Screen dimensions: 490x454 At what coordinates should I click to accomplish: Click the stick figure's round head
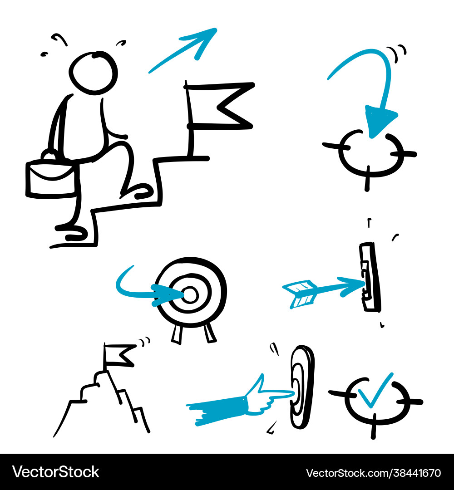[93, 73]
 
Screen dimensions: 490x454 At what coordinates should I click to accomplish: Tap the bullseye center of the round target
[191, 295]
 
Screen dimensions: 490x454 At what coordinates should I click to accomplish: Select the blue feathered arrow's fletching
[300, 293]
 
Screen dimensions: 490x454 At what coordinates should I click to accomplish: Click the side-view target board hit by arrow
[370, 277]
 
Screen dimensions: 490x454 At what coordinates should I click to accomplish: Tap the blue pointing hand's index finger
[279, 395]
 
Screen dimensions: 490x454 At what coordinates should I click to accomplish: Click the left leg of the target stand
[177, 333]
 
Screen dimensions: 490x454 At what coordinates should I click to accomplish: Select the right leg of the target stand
[209, 333]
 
